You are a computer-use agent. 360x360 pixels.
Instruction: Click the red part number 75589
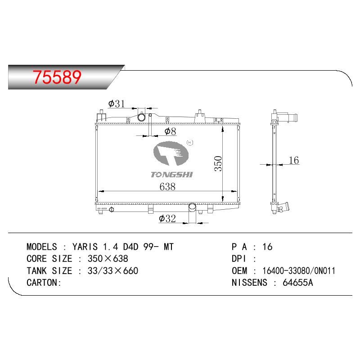point(57,77)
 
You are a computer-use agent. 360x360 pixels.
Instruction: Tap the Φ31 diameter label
point(117,104)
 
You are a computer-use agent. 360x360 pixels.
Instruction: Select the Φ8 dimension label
point(170,131)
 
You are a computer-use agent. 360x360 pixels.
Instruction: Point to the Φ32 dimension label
point(167,218)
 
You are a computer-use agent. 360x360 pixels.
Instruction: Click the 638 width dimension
point(167,186)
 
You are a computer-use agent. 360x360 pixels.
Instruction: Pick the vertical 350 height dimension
point(218,163)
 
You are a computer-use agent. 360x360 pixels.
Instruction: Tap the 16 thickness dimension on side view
point(294,160)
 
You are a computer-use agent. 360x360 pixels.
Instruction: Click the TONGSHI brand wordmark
point(172,175)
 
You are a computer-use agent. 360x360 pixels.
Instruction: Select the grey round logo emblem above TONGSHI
point(171,153)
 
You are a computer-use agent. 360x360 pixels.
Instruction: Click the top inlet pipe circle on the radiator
point(141,117)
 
